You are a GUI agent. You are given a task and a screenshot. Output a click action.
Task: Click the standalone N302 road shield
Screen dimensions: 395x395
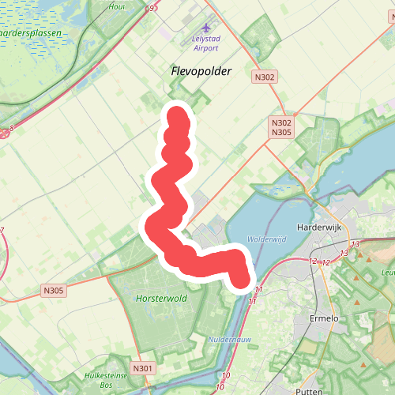coord(265,77)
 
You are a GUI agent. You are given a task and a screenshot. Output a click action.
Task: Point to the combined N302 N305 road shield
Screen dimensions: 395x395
coord(281,127)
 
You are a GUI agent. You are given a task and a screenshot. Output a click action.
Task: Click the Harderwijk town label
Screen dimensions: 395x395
coord(317,227)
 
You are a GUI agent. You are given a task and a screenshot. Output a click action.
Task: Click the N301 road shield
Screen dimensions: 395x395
coord(142,368)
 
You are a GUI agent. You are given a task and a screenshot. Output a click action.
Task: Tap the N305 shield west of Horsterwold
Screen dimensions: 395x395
coord(54,291)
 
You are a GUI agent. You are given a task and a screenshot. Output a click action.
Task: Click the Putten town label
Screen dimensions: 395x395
coord(305,391)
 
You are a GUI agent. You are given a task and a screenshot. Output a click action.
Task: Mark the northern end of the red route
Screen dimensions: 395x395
coord(179,117)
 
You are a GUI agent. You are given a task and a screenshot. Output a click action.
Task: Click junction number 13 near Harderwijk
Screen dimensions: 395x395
coord(355,244)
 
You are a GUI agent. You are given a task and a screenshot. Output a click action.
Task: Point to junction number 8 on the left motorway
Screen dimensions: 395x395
coord(12,126)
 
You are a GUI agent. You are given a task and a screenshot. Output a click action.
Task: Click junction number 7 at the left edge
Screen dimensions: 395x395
coord(2,230)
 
